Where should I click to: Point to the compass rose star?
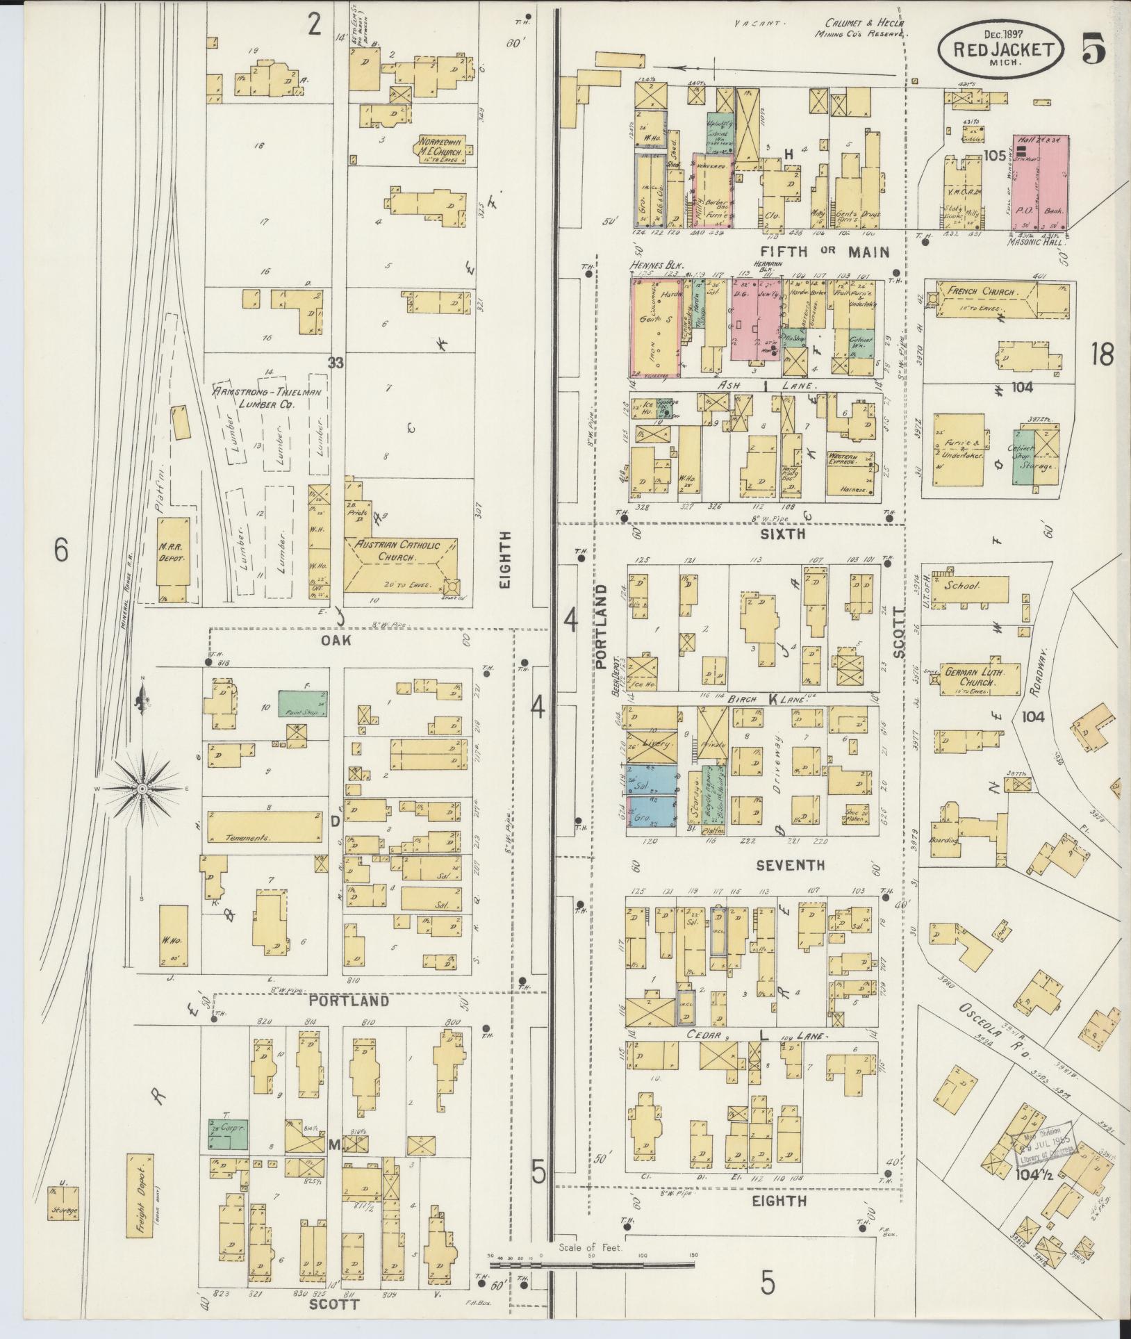pyautogui.click(x=142, y=789)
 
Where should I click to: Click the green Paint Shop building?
pyautogui.click(x=303, y=703)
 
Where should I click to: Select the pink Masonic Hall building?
pyautogui.click(x=1039, y=183)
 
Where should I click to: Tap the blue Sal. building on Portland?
pyautogui.click(x=652, y=780)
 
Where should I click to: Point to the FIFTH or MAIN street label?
pyautogui.click(x=824, y=252)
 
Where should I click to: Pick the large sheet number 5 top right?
pyautogui.click(x=1093, y=51)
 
